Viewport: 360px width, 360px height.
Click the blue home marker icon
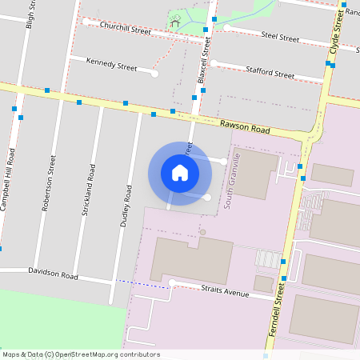(x=180, y=173)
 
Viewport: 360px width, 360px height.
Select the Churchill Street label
(x=126, y=30)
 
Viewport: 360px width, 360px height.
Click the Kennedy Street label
(x=111, y=66)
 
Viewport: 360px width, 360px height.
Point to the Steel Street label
(x=280, y=36)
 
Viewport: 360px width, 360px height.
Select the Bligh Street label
(x=30, y=14)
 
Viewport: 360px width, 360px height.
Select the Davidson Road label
(x=53, y=274)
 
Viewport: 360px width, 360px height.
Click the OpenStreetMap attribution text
(x=80, y=354)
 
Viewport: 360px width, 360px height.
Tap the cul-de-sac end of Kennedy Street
(x=154, y=74)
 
